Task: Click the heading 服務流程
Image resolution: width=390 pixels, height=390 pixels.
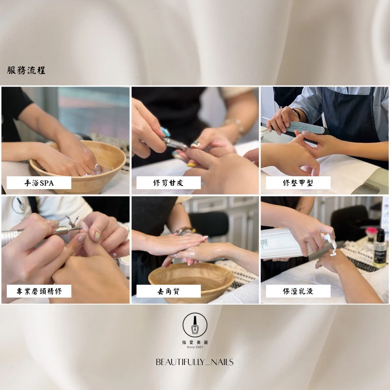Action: click(x=26, y=70)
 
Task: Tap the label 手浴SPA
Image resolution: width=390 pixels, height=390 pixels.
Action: click(x=39, y=183)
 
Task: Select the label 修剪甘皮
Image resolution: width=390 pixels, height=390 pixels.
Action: click(x=168, y=183)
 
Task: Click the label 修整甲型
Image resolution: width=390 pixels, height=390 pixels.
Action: click(x=298, y=183)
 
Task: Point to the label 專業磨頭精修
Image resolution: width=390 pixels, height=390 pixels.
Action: click(x=39, y=291)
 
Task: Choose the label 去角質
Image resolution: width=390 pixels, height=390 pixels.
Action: click(x=168, y=291)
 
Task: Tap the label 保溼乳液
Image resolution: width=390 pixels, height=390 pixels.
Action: click(x=298, y=291)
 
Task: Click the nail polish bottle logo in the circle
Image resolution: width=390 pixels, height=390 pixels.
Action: click(x=195, y=325)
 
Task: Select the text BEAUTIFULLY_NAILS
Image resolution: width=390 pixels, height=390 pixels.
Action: click(x=195, y=362)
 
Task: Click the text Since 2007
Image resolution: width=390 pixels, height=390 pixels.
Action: click(x=195, y=347)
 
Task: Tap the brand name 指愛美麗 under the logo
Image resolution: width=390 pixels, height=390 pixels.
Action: click(x=195, y=342)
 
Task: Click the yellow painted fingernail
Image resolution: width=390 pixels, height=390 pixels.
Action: click(x=191, y=165)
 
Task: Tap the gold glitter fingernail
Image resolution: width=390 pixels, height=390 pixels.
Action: click(x=97, y=236)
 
